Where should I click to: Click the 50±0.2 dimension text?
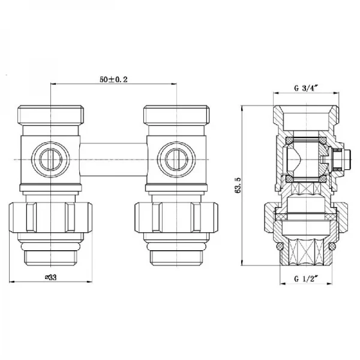[x=114, y=79]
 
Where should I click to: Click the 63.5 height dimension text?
[x=238, y=187]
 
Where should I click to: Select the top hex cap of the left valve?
[x=51, y=114]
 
